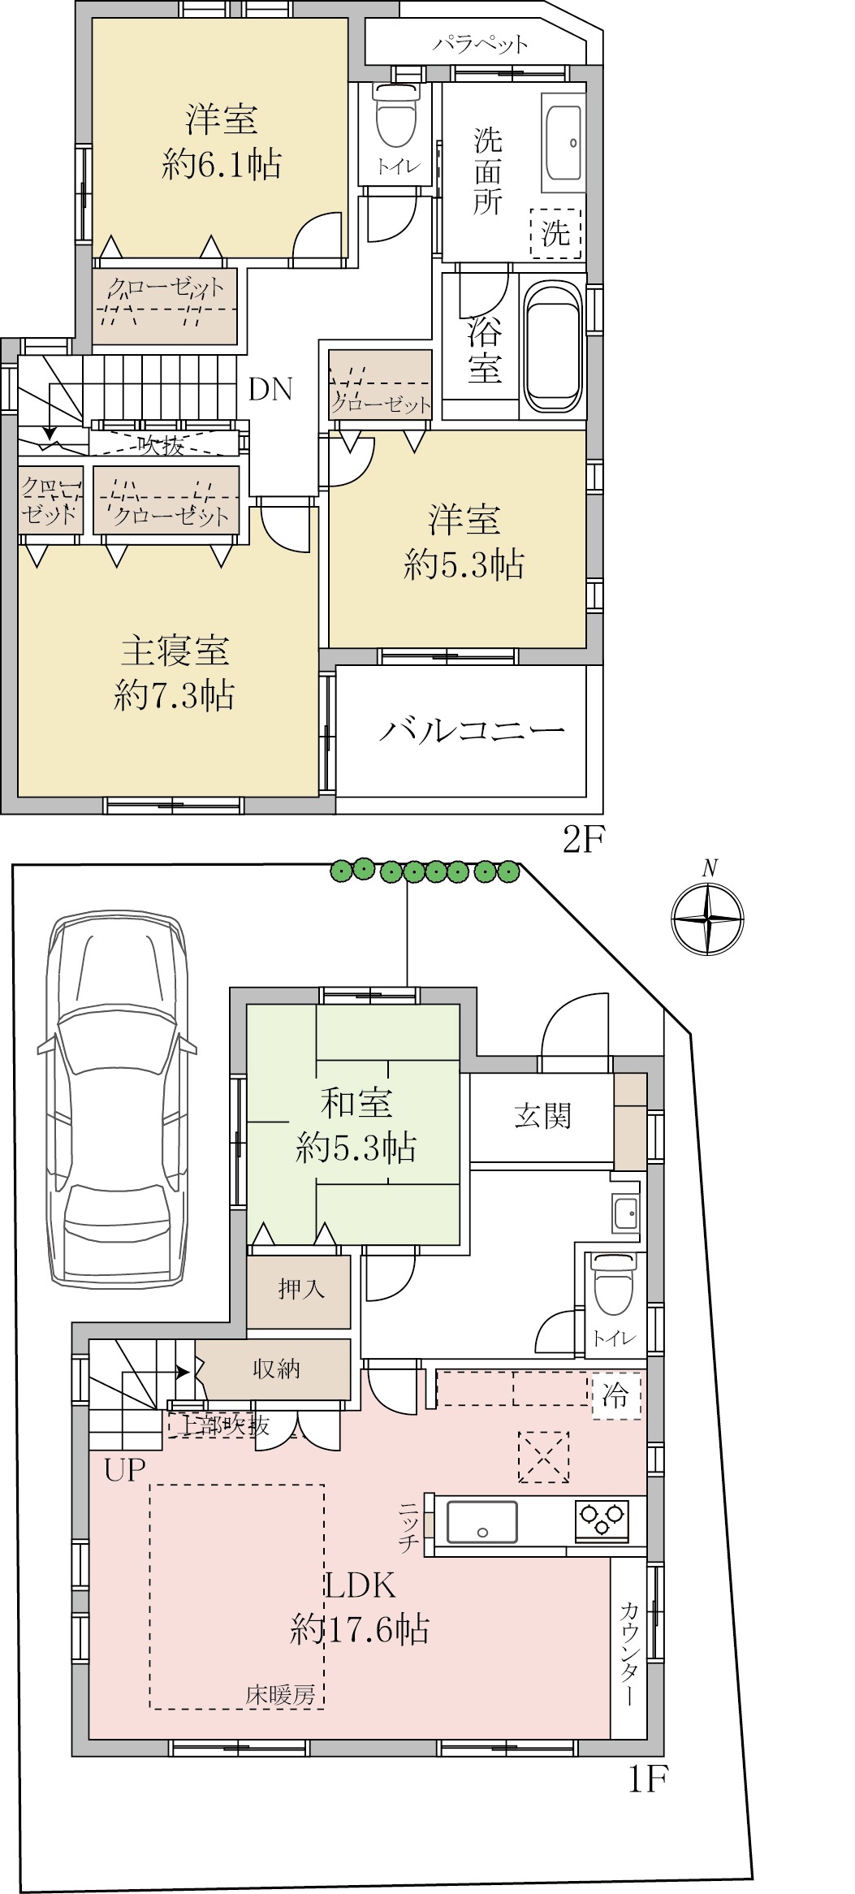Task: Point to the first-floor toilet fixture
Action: coord(614,1284)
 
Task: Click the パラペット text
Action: coord(480,43)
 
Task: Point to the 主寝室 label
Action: coord(175,651)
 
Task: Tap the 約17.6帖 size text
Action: coord(360,1628)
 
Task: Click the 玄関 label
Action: coord(542,1115)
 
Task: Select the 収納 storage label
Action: coord(276,1369)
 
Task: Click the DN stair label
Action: coord(270,390)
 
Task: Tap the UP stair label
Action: coord(125,1470)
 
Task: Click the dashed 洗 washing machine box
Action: coord(556,234)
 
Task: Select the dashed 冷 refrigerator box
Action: coord(615,1396)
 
